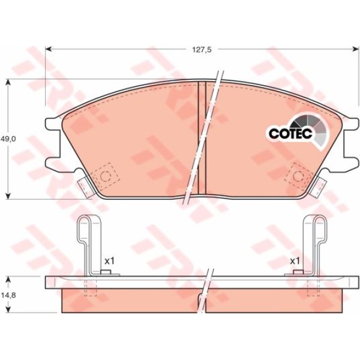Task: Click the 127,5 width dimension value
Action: pos(202,50)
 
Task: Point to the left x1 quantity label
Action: pos(109,261)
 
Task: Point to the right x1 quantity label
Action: pos(295,261)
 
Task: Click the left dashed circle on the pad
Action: pos(106,176)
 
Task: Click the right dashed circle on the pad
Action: pos(298,176)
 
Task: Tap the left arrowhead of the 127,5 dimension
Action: pos(48,49)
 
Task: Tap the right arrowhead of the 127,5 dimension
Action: pos(356,49)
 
